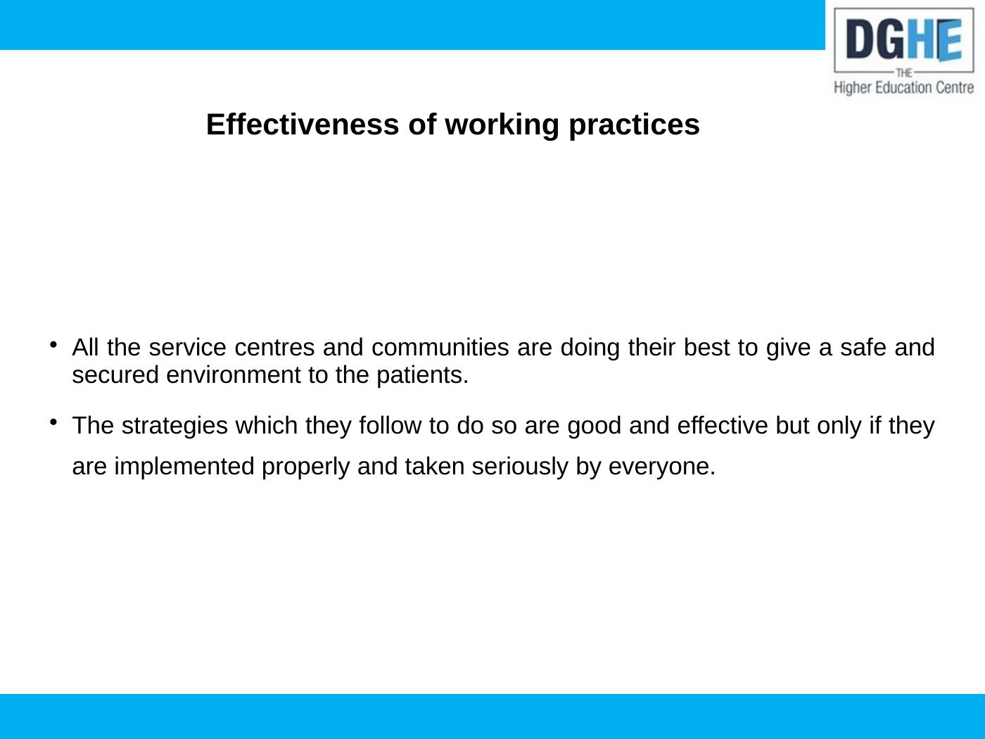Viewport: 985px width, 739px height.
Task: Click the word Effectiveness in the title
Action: [x=303, y=125]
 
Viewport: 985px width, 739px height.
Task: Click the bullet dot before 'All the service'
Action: [x=53, y=345]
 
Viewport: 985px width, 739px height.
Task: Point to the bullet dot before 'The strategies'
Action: [x=53, y=422]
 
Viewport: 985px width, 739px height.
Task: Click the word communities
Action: [x=440, y=347]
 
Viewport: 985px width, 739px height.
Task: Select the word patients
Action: [x=423, y=376]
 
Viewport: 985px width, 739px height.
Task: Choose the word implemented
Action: [x=184, y=467]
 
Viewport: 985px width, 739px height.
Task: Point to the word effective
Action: [x=723, y=425]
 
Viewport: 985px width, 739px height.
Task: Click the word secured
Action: [x=115, y=375]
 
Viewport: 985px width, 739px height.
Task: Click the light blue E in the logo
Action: [x=949, y=40]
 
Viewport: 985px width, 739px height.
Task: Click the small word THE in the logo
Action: [x=904, y=72]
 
